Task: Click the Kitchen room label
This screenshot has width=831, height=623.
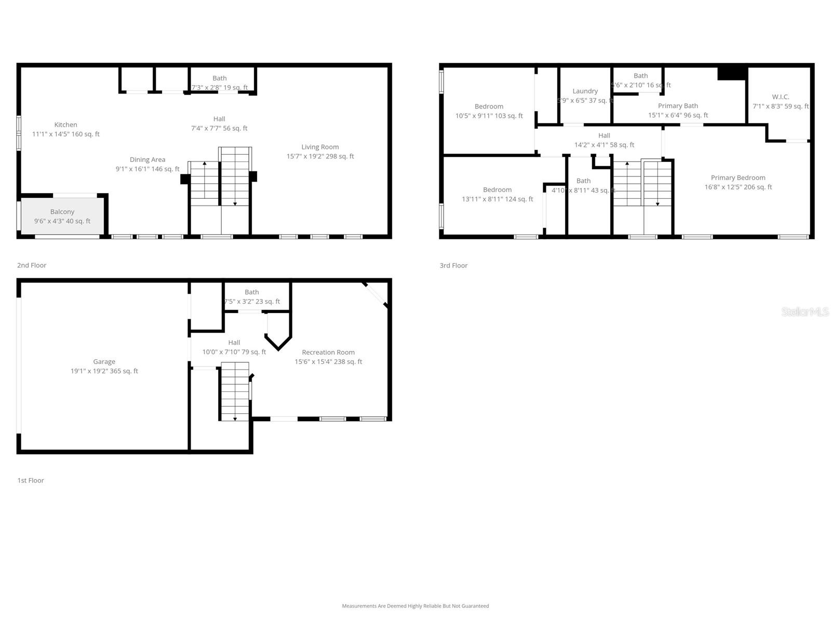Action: pos(65,125)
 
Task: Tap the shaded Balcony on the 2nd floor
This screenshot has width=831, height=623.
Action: pos(62,216)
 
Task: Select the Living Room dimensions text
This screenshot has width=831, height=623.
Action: pos(320,156)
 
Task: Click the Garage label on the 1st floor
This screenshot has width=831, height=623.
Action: pos(104,362)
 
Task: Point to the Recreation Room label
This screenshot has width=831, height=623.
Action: pos(328,353)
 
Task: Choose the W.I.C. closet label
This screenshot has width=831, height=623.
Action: pos(780,97)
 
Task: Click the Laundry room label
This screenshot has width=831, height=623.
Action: pos(585,91)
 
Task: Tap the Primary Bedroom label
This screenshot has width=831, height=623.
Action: pos(738,178)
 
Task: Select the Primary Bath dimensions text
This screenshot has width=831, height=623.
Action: pos(678,115)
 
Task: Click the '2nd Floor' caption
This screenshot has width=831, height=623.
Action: pos(32,265)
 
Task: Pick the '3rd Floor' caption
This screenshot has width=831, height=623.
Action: pos(453,265)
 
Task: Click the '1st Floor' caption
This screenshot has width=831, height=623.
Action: pos(31,480)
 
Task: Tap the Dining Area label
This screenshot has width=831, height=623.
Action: pos(148,160)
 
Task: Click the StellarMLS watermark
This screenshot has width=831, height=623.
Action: pos(805,311)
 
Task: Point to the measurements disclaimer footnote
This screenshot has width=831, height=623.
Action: pos(415,606)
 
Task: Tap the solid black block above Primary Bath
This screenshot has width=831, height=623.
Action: pos(732,73)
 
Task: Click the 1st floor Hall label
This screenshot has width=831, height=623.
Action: pos(234,343)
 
